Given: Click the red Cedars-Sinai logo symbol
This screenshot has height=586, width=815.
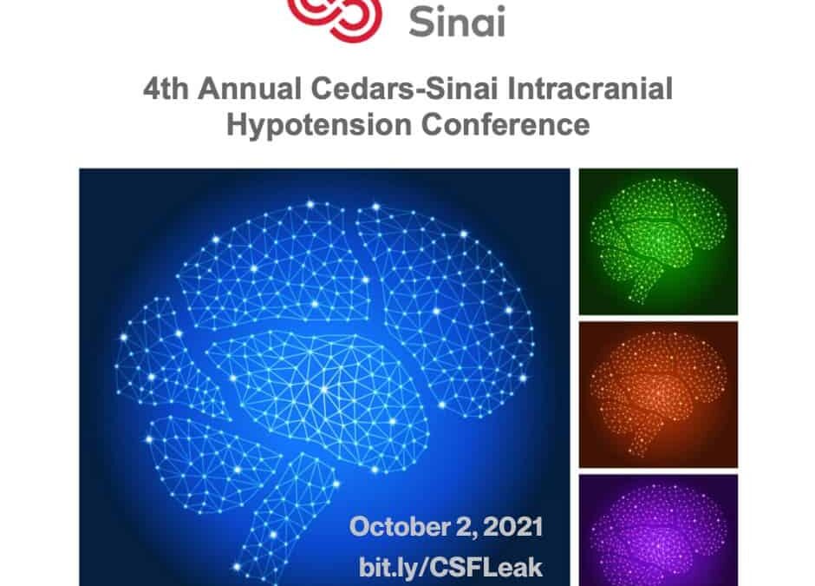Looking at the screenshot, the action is [336, 18].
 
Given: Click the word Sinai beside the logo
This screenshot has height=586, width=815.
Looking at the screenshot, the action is [457, 22].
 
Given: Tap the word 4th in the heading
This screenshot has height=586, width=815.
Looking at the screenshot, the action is [166, 89].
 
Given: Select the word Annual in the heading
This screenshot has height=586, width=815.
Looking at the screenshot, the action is [250, 89].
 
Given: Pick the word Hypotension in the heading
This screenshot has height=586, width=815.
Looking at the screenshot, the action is [319, 125].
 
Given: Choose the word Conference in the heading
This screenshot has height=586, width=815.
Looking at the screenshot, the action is [505, 125].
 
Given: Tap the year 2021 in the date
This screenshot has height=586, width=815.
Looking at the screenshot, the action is [512, 527].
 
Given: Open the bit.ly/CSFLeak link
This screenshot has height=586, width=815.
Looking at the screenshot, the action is [451, 567].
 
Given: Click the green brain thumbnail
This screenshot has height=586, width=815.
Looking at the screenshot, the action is [658, 241].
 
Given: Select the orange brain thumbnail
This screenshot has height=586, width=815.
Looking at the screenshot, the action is [658, 394].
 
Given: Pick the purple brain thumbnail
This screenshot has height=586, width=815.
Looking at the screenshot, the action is [658, 530].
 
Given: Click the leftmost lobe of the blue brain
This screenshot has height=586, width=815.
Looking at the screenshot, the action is [166, 354].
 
